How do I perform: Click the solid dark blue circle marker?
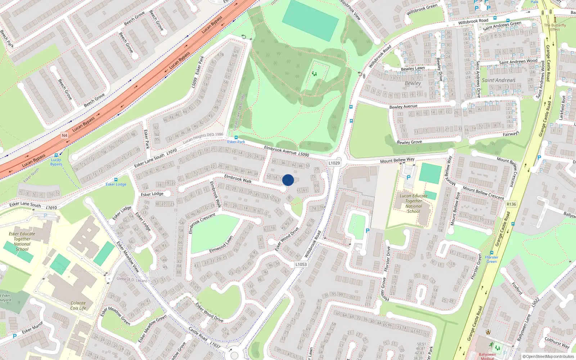point(288,180)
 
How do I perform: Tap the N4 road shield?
point(64,135)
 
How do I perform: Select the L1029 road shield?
point(334,163)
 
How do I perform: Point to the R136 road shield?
point(511,204)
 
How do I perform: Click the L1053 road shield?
point(301,264)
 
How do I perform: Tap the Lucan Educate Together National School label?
point(414,204)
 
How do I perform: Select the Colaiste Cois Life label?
point(78,305)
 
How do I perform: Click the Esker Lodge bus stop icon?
point(116,179)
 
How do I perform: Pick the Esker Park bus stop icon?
point(236,137)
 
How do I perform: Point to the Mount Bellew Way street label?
point(397,160)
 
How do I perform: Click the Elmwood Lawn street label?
point(221,244)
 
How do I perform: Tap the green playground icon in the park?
point(315,74)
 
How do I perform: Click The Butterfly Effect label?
point(555,27)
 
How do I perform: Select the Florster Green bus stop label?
point(491,259)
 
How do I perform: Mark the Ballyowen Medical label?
point(487,356)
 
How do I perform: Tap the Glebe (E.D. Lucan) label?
point(131,279)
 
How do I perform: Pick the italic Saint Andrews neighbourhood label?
point(499,80)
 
